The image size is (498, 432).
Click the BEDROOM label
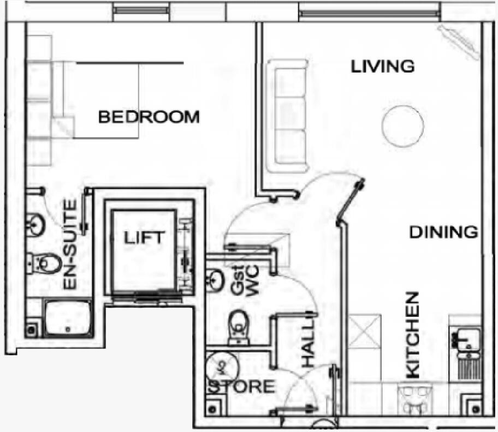point(149,117)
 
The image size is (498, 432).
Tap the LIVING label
point(382,67)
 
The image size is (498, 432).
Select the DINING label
point(443,232)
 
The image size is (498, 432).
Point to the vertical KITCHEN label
point(413,334)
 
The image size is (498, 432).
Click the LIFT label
point(143,238)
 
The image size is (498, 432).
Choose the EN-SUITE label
point(70,244)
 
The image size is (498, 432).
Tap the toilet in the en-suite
point(44,264)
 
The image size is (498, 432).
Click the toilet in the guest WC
point(238,326)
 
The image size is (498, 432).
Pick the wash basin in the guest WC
point(214,280)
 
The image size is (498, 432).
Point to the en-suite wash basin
point(36,224)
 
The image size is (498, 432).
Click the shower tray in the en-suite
point(68,318)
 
